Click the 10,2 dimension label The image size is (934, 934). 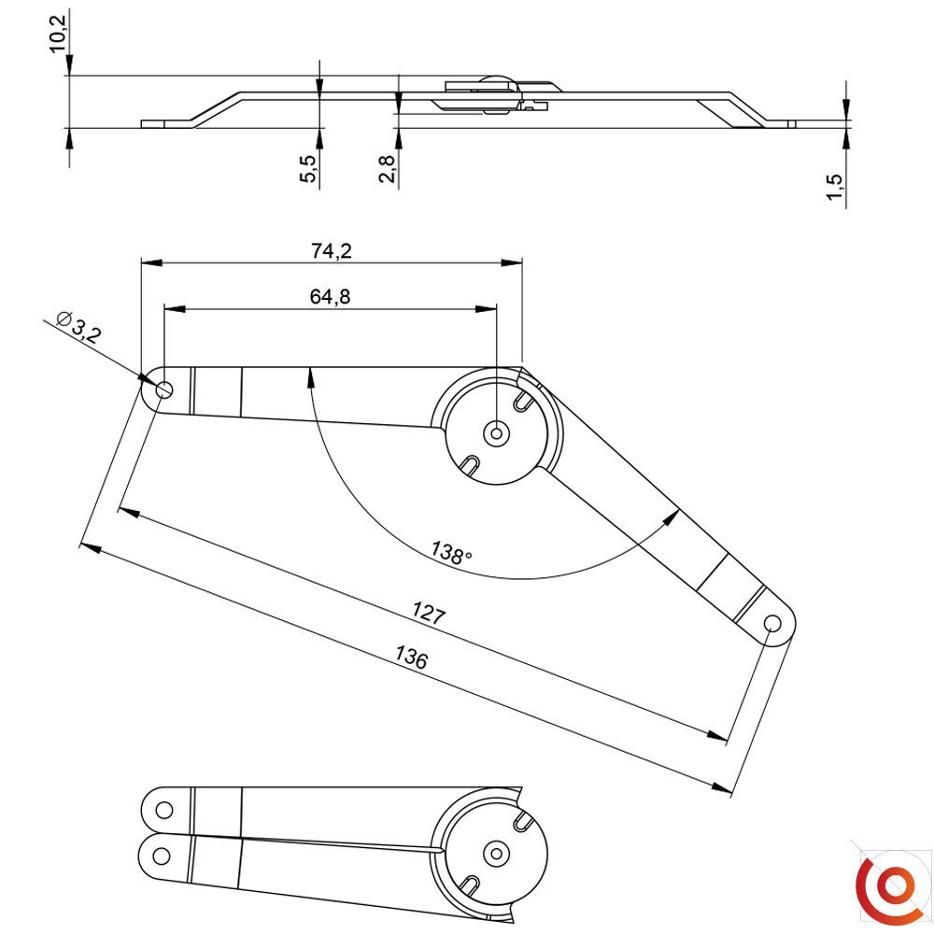click(x=58, y=34)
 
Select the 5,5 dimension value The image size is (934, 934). click(x=308, y=168)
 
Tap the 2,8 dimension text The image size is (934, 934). click(x=387, y=168)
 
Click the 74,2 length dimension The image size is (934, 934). click(x=332, y=250)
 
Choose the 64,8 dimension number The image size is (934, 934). click(x=330, y=296)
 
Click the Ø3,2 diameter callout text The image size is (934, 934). click(x=78, y=326)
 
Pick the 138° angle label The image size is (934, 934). click(x=451, y=553)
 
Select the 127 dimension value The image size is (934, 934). click(x=429, y=613)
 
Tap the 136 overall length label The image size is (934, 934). click(x=411, y=658)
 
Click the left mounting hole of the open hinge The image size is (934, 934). click(x=163, y=390)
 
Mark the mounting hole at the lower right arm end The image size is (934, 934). click(x=772, y=624)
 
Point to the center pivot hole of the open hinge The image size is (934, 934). click(x=496, y=433)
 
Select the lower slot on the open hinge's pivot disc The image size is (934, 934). click(x=470, y=465)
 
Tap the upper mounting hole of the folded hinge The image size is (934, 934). click(x=163, y=810)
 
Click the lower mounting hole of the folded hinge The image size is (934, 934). click(x=162, y=856)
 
